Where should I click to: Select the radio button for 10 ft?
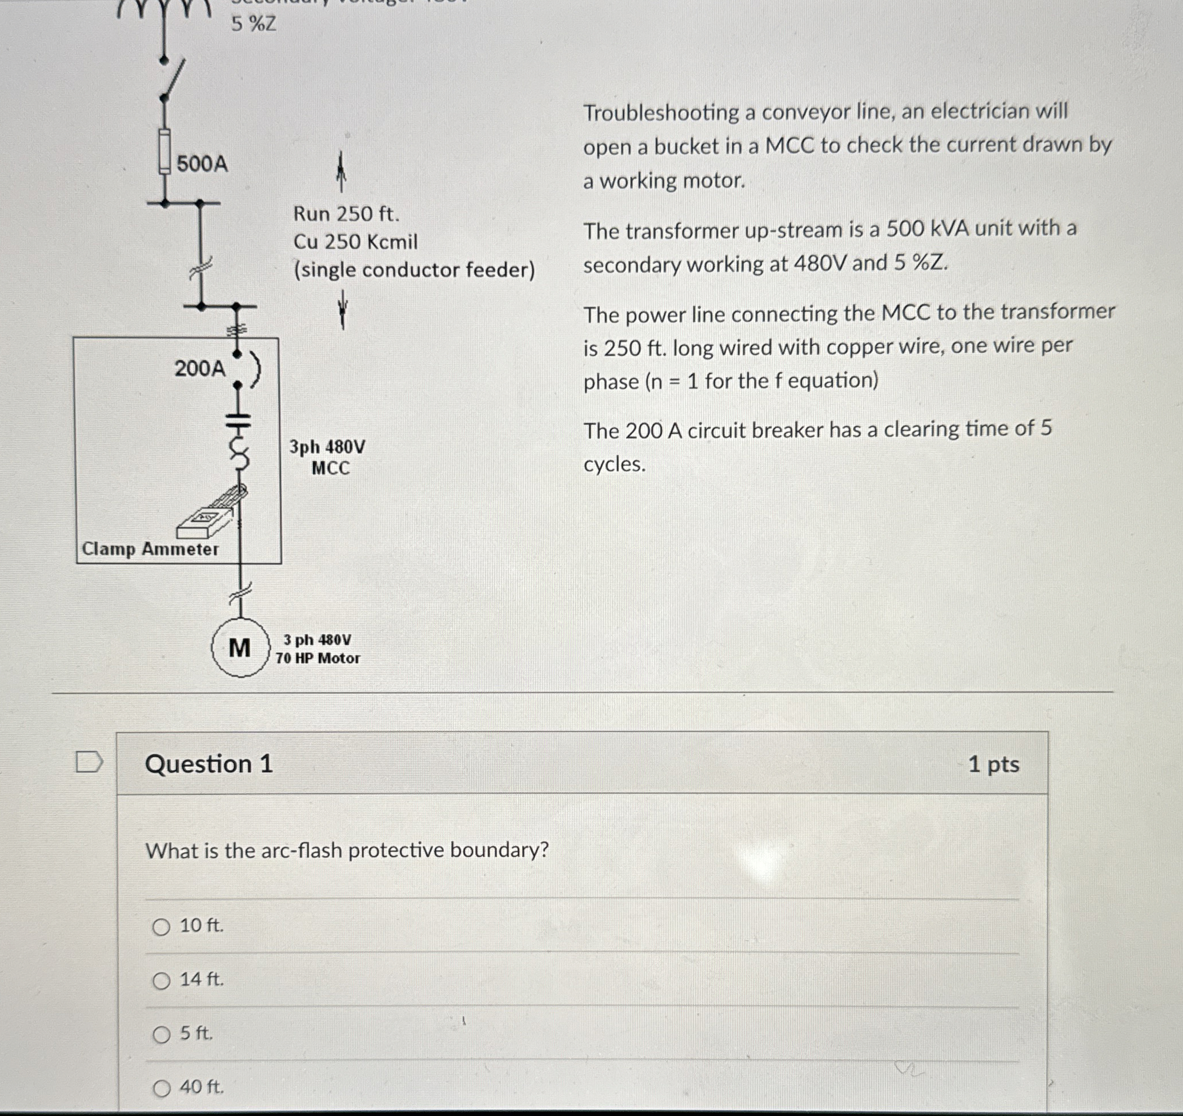click(161, 927)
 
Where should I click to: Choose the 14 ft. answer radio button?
click(161, 981)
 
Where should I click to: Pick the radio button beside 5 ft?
click(161, 1034)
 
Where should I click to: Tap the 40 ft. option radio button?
click(161, 1089)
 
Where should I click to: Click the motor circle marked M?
click(240, 647)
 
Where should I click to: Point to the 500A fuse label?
click(202, 163)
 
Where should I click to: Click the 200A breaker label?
click(200, 369)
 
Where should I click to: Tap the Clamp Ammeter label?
click(150, 549)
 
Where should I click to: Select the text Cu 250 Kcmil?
click(355, 242)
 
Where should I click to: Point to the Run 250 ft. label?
click(346, 214)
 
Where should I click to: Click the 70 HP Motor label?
click(318, 658)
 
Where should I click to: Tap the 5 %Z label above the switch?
click(254, 25)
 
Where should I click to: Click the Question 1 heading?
click(208, 763)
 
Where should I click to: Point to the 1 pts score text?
click(993, 764)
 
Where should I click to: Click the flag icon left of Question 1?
click(89, 762)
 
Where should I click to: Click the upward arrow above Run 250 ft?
click(341, 171)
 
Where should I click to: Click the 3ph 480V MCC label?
click(328, 457)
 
